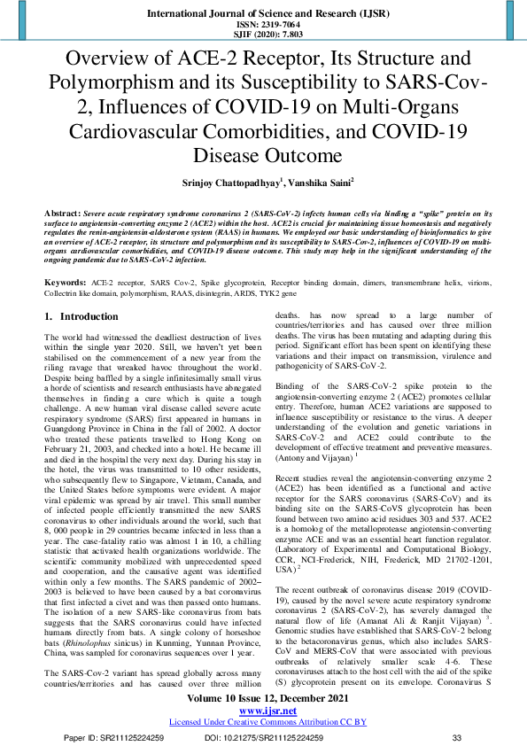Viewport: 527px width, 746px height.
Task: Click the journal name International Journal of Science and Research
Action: click(263, 15)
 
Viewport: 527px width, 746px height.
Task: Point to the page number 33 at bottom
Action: click(457, 737)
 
